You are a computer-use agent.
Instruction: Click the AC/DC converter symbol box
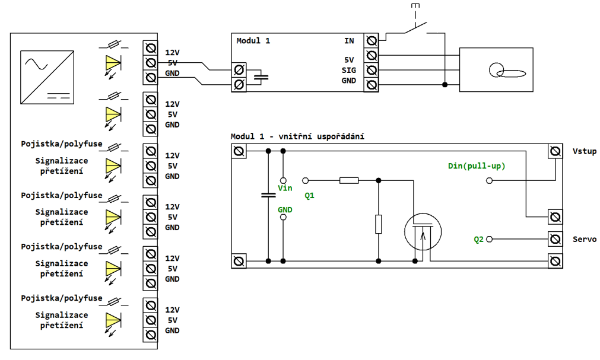(47, 77)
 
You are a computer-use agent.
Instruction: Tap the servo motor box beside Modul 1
(496, 69)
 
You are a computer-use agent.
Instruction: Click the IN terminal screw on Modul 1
(371, 40)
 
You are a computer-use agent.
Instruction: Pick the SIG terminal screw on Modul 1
(371, 70)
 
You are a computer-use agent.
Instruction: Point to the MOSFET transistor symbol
(423, 232)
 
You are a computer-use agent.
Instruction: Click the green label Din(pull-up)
(477, 166)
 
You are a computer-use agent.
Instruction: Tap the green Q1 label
(309, 196)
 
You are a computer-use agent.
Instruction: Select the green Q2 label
(479, 240)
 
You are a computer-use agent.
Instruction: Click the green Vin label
(285, 188)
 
